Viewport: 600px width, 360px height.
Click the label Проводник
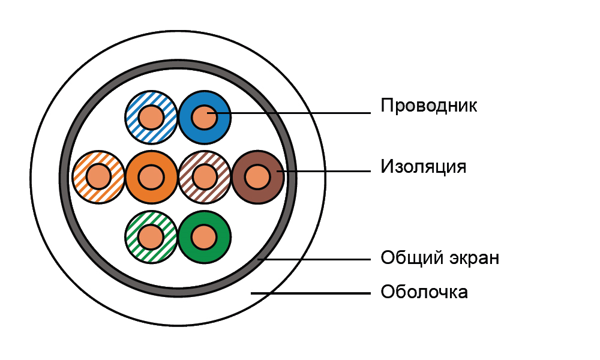coord(428,106)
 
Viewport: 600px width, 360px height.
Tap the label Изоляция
coord(423,166)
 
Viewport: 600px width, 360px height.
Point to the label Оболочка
coord(424,293)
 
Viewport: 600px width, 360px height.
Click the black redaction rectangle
coord(484,220)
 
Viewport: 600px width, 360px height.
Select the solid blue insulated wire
coord(205,116)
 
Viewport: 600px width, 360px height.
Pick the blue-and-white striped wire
coord(151,116)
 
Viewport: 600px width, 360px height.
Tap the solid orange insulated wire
coord(151,177)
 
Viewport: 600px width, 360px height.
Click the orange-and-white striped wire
coord(98,177)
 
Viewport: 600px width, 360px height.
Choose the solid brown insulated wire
coord(258,177)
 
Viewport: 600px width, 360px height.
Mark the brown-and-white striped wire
coord(205,177)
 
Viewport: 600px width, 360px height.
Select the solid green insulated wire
coord(205,235)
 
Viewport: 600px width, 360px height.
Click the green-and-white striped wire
coord(151,235)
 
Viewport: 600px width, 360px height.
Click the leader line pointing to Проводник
coord(300,113)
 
